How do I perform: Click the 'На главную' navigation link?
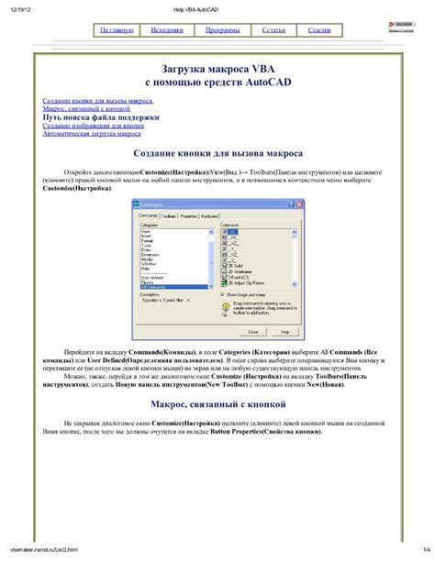(x=117, y=30)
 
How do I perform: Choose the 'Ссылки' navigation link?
(x=319, y=30)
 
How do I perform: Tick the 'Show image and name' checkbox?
(x=224, y=294)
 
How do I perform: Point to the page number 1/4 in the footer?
(x=426, y=550)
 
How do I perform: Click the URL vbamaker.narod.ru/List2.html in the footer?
(x=46, y=550)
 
